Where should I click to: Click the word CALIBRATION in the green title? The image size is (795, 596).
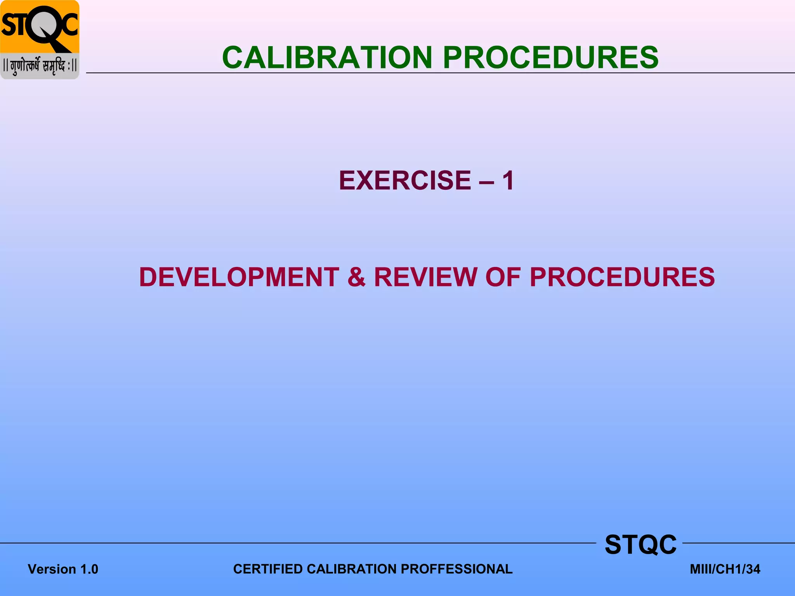(x=327, y=58)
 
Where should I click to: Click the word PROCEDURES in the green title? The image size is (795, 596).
(x=550, y=58)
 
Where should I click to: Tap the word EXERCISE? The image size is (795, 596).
(x=405, y=180)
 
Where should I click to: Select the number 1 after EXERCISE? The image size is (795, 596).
(x=508, y=180)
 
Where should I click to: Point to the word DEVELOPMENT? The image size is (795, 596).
(x=239, y=277)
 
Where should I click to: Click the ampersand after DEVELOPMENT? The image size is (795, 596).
(x=356, y=277)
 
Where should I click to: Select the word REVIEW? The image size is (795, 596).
(x=425, y=277)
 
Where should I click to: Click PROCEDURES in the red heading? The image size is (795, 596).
(x=622, y=277)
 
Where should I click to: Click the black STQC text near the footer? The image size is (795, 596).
(x=641, y=544)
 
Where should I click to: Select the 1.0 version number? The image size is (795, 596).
(x=89, y=569)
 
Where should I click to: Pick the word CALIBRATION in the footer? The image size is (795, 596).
(x=352, y=569)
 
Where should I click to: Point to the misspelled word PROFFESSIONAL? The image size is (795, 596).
(x=457, y=569)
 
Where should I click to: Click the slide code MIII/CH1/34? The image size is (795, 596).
(x=725, y=569)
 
